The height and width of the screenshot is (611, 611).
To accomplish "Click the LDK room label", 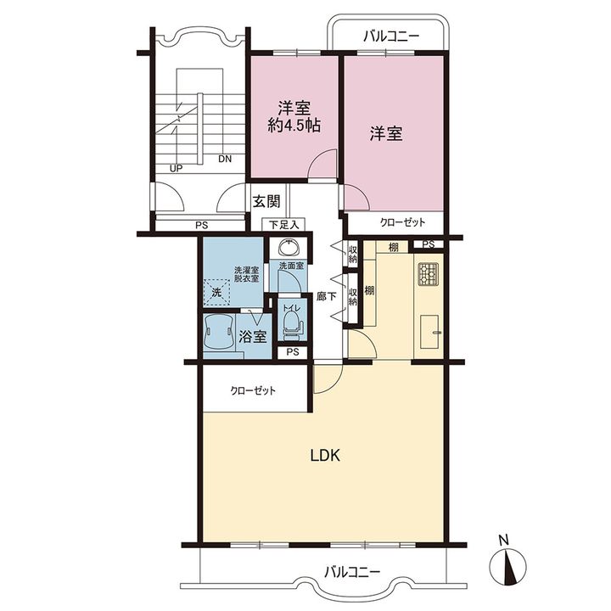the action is pyautogui.click(x=325, y=455).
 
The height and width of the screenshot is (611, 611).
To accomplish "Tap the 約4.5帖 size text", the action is pyautogui.click(x=294, y=126).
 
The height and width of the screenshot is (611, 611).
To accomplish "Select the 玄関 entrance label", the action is pyautogui.click(x=267, y=201).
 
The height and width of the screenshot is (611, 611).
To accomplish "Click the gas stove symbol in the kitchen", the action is pyautogui.click(x=429, y=273).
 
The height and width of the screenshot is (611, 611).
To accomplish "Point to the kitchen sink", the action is pyautogui.click(x=430, y=332).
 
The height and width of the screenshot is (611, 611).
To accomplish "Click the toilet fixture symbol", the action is pyautogui.click(x=292, y=322).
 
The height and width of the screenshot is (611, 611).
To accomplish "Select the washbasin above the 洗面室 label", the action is pyautogui.click(x=289, y=247).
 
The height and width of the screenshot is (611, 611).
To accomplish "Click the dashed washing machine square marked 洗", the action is pyautogui.click(x=217, y=291).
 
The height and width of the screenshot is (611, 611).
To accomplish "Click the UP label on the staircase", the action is pyautogui.click(x=177, y=169).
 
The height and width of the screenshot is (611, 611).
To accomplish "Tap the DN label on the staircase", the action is pyautogui.click(x=225, y=159).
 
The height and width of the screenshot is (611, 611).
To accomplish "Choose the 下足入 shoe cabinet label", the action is pyautogui.click(x=284, y=225).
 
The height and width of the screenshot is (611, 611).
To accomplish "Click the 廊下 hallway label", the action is pyautogui.click(x=326, y=296).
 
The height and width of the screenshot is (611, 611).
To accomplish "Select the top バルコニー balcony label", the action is pyautogui.click(x=391, y=36).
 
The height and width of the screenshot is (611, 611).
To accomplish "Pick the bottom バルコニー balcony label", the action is pyautogui.click(x=352, y=572).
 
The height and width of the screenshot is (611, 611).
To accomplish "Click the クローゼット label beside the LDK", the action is pyautogui.click(x=253, y=390).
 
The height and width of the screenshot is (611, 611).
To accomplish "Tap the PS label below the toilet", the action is pyautogui.click(x=293, y=352).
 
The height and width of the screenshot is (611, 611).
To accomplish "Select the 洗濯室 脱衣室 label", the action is pyautogui.click(x=246, y=274).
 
